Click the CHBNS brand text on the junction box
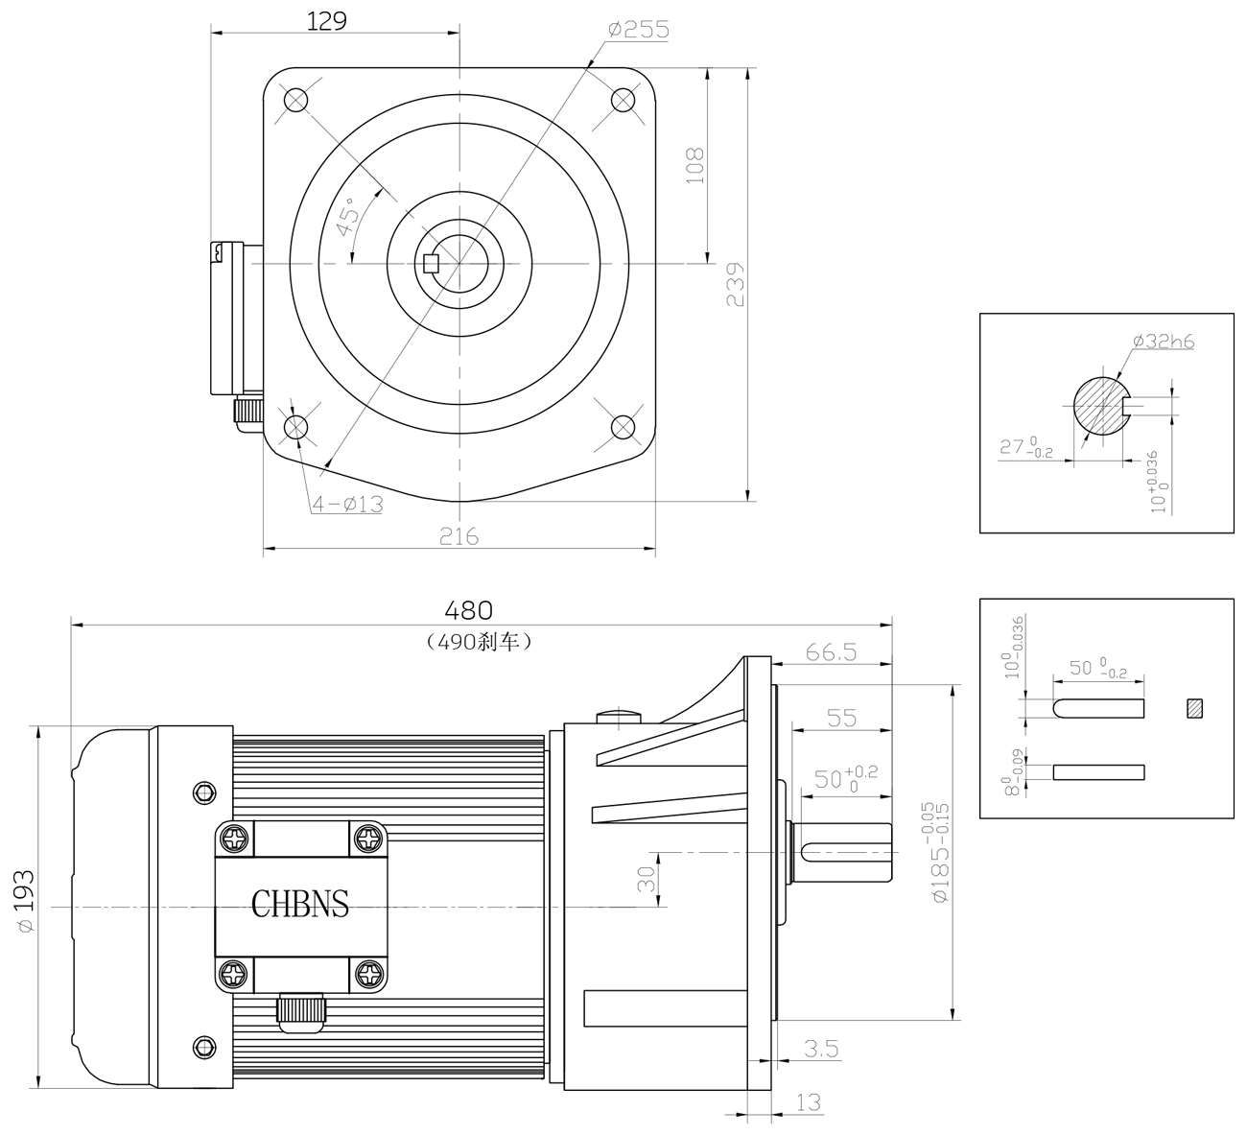tap(299, 905)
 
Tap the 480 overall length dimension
tap(468, 611)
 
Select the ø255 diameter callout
tap(639, 29)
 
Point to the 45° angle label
tap(347, 217)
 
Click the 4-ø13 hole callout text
tap(347, 505)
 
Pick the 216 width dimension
tap(459, 536)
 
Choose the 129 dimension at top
tap(326, 22)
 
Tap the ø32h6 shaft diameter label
tap(1164, 341)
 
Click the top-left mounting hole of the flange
tap(295, 100)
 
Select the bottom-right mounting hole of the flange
tap(623, 427)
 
